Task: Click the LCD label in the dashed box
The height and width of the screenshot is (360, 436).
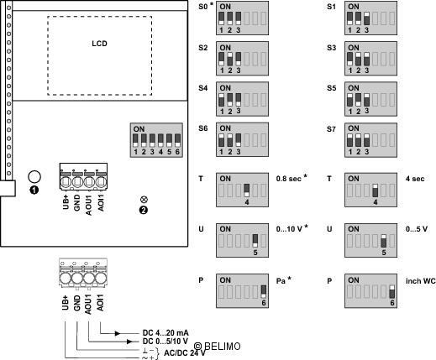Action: [x=99, y=44]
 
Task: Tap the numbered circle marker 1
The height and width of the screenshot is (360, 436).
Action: [x=34, y=190]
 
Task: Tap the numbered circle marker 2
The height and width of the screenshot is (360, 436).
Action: [x=144, y=210]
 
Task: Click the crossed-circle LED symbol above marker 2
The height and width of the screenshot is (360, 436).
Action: [x=144, y=200]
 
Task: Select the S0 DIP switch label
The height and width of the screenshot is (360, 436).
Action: [x=203, y=7]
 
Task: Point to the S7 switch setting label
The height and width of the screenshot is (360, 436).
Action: [x=331, y=129]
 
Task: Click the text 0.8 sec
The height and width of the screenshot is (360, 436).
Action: [x=289, y=179]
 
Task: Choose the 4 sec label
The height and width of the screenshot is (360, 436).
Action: [x=415, y=179]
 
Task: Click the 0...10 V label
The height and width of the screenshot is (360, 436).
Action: [x=289, y=229]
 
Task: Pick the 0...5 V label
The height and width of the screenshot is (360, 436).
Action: [x=417, y=229]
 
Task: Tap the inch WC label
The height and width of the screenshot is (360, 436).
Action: [x=421, y=281]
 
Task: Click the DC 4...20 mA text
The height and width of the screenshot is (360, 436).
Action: [x=165, y=333]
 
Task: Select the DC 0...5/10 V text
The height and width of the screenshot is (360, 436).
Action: [x=165, y=342]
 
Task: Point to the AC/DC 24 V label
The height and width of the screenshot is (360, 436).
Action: [x=185, y=353]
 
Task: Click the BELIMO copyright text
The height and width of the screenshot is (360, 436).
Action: [x=217, y=347]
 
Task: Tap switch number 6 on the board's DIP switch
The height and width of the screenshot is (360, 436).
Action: [x=177, y=141]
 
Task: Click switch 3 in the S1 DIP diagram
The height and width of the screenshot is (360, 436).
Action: [x=366, y=19]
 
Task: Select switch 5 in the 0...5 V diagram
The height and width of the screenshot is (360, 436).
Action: [x=384, y=241]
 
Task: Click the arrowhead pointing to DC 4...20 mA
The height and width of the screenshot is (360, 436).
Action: [x=118, y=333]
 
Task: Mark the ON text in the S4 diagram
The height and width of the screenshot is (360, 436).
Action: [x=225, y=88]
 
